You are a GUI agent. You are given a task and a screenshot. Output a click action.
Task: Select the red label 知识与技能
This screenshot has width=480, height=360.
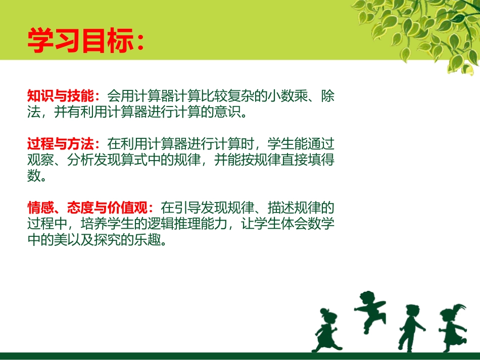click(x=57, y=96)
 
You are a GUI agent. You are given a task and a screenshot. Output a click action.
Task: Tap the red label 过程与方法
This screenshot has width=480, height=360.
click(x=57, y=144)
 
